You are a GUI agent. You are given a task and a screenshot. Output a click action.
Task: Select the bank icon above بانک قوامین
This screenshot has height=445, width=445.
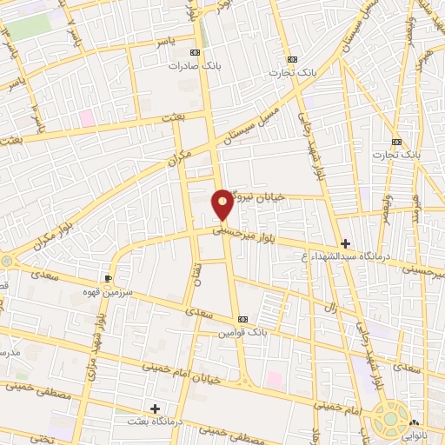point(242,318)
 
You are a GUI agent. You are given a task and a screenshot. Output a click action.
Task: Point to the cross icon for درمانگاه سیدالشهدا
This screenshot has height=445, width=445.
point(346,243)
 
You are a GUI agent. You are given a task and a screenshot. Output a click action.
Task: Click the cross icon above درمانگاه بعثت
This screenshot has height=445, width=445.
point(155,408)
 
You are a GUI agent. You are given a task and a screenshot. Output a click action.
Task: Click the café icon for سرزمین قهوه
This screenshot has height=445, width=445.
point(108,278)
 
